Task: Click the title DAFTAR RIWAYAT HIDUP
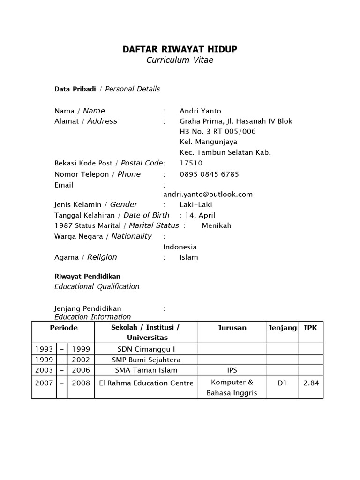click(x=180, y=50)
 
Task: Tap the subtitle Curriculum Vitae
click(x=180, y=60)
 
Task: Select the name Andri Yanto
click(x=200, y=111)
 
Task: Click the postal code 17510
click(x=191, y=163)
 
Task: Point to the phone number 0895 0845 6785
click(x=209, y=174)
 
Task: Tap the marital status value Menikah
click(x=217, y=225)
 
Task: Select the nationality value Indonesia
click(x=180, y=247)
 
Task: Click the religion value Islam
click(x=189, y=257)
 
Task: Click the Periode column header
click(x=64, y=328)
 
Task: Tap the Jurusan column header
click(x=232, y=328)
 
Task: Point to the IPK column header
click(x=310, y=328)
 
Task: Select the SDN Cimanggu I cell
click(x=146, y=349)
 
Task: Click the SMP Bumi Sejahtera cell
click(x=146, y=360)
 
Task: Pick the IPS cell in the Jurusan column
click(x=232, y=370)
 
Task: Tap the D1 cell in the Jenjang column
click(x=282, y=383)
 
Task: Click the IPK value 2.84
click(x=311, y=383)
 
